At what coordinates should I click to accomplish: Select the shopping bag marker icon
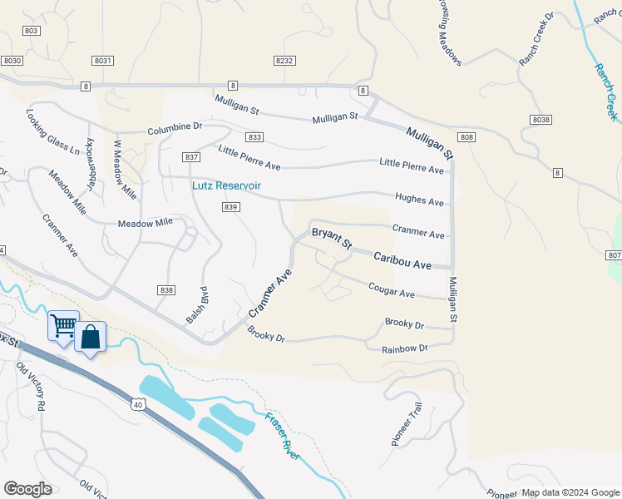click(90, 337)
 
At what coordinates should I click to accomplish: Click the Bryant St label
click(332, 241)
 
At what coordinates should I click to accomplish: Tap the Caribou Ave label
click(402, 260)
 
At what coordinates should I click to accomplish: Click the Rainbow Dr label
click(404, 348)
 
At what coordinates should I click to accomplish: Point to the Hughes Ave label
click(419, 200)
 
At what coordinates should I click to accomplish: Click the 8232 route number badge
click(284, 61)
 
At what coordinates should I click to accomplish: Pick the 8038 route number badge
click(541, 121)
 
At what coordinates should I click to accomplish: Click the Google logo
click(27, 488)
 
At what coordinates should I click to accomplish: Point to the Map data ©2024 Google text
click(570, 492)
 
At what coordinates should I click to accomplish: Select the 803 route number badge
click(32, 31)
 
